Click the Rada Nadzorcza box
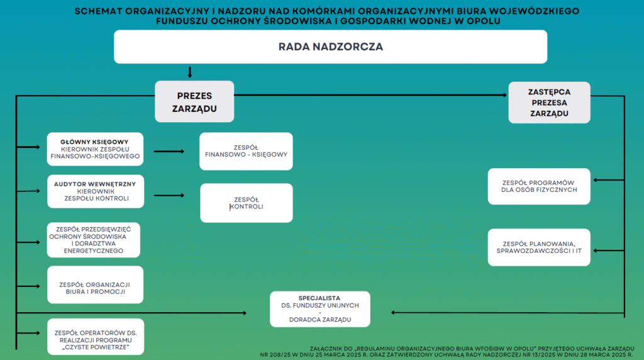pyautogui.click(x=331, y=47)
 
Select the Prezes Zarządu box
pyautogui.click(x=194, y=101)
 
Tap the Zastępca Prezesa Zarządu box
pyautogui.click(x=549, y=103)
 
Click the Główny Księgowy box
pyautogui.click(x=96, y=149)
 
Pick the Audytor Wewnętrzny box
pyautogui.click(x=96, y=191)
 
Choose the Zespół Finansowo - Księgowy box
pyautogui.click(x=246, y=151)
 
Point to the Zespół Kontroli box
pyautogui.click(x=247, y=203)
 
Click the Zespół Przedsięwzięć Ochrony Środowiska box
pyautogui.click(x=94, y=240)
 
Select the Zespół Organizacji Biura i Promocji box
pyautogui.click(x=96, y=285)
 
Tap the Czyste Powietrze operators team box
pyautogui.click(x=96, y=337)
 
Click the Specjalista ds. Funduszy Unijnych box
pyautogui.click(x=320, y=309)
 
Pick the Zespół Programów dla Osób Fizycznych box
pyautogui.click(x=539, y=186)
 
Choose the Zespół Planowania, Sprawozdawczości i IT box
pyautogui.click(x=539, y=247)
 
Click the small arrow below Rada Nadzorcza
pyautogui.click(x=190, y=72)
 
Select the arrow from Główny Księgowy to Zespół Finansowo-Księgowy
pyautogui.click(x=169, y=151)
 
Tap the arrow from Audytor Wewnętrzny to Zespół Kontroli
pyautogui.click(x=169, y=195)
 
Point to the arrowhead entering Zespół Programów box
pyautogui.click(x=596, y=179)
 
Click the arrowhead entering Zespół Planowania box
pyautogui.click(x=596, y=250)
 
